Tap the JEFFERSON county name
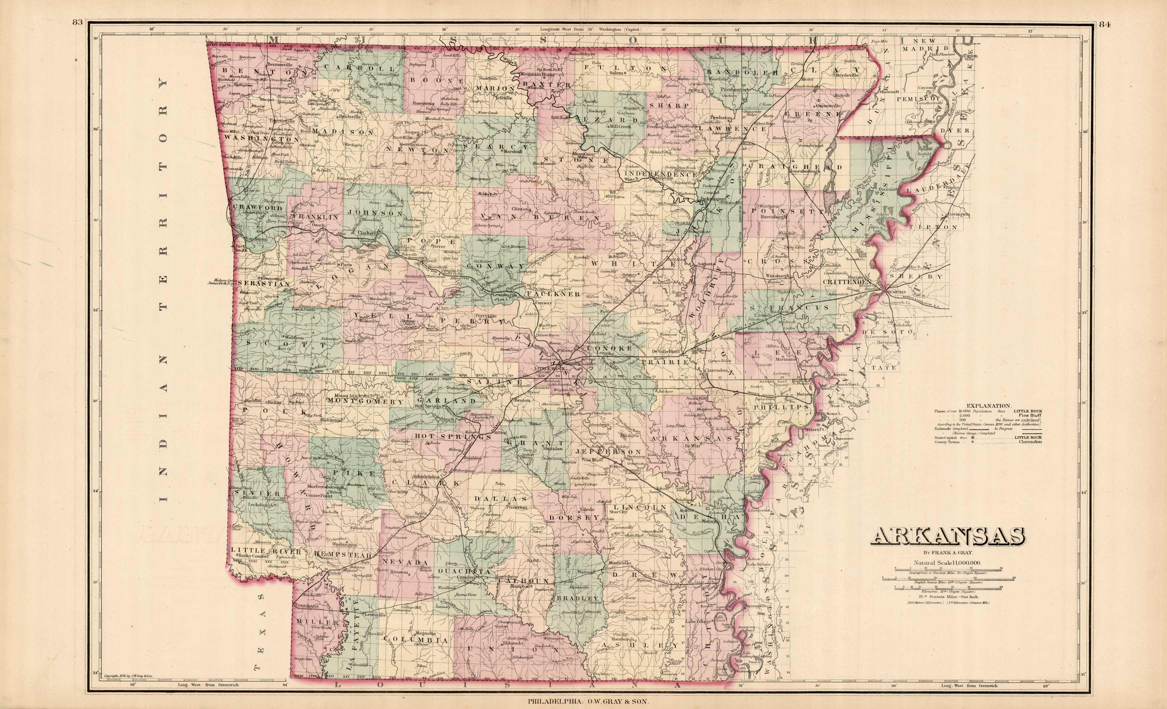pos(609,451)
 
